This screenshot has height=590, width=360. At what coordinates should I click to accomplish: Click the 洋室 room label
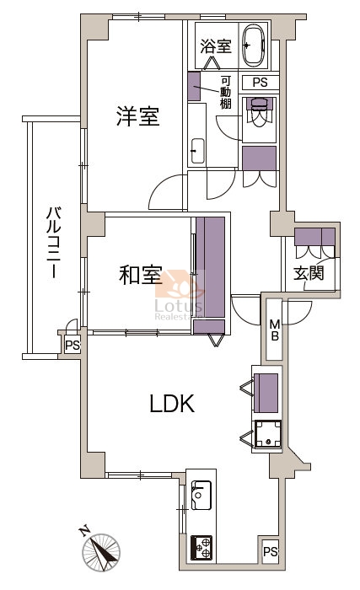(x=137, y=116)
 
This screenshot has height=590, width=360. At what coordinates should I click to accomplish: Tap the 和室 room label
(x=141, y=275)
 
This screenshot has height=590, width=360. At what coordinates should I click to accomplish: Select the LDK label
(x=172, y=404)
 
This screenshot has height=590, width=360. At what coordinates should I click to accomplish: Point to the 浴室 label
(x=215, y=46)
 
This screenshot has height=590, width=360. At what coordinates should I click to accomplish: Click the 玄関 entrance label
(x=309, y=274)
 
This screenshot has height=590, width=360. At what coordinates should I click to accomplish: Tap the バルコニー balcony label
(x=53, y=243)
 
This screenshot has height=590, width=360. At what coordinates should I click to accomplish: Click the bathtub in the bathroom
(x=254, y=46)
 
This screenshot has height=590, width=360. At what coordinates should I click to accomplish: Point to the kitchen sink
(x=201, y=496)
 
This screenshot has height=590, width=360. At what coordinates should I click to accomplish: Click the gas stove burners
(x=201, y=548)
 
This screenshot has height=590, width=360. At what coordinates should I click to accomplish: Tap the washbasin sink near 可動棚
(x=197, y=151)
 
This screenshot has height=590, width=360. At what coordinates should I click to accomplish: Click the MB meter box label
(x=276, y=330)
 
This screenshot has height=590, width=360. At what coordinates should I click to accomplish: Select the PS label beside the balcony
(x=73, y=345)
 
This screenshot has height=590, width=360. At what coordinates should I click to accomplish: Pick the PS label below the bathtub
(x=260, y=83)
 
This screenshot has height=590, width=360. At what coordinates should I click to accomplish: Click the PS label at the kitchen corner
(x=270, y=551)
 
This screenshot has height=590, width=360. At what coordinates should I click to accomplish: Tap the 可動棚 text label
(x=226, y=92)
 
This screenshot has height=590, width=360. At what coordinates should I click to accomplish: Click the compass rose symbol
(x=101, y=552)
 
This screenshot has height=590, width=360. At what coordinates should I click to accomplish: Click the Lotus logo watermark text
(x=179, y=305)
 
